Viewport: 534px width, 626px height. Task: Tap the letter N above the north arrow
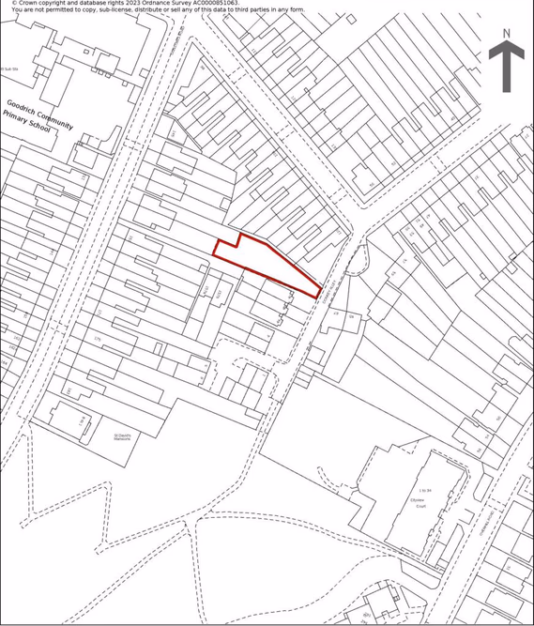pos(506,34)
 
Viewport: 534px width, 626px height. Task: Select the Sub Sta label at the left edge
pos(8,69)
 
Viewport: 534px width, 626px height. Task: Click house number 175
pos(97,340)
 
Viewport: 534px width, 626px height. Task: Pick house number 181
pos(68,390)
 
